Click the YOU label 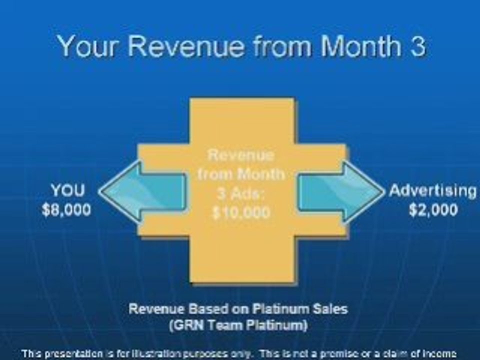pos(67,191)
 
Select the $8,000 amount pos(67,209)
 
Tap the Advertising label pos(432,191)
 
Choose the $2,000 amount pos(433,209)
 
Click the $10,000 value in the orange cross pos(241,212)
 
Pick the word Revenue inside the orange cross pos(241,155)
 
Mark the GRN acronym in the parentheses pos(186,325)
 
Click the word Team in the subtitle pos(224,325)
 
